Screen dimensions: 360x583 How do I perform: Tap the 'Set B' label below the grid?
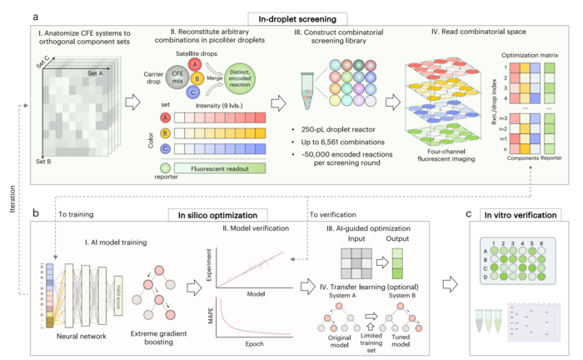click(x=47, y=161)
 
